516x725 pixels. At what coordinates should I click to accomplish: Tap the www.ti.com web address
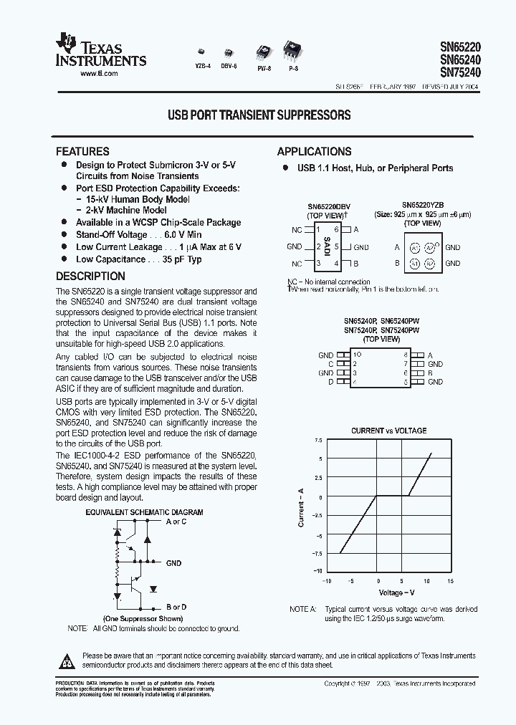(x=100, y=74)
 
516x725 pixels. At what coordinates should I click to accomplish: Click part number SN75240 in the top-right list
(x=460, y=72)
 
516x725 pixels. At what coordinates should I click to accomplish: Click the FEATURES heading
(x=82, y=151)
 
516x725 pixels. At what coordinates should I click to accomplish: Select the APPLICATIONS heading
(x=314, y=151)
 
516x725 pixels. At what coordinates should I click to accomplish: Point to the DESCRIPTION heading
(x=90, y=276)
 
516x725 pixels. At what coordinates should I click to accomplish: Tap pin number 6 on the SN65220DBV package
(x=335, y=230)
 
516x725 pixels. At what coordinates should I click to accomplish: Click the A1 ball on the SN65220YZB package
(x=414, y=247)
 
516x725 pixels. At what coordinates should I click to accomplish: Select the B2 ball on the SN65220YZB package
(x=430, y=263)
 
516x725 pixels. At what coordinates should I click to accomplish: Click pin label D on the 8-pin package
(x=330, y=383)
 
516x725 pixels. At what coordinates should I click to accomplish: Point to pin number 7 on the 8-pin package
(x=406, y=364)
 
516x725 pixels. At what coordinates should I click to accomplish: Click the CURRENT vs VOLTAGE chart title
(x=388, y=431)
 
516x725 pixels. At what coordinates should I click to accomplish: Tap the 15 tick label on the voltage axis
(x=450, y=581)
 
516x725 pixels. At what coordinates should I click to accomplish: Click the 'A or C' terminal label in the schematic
(x=176, y=522)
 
